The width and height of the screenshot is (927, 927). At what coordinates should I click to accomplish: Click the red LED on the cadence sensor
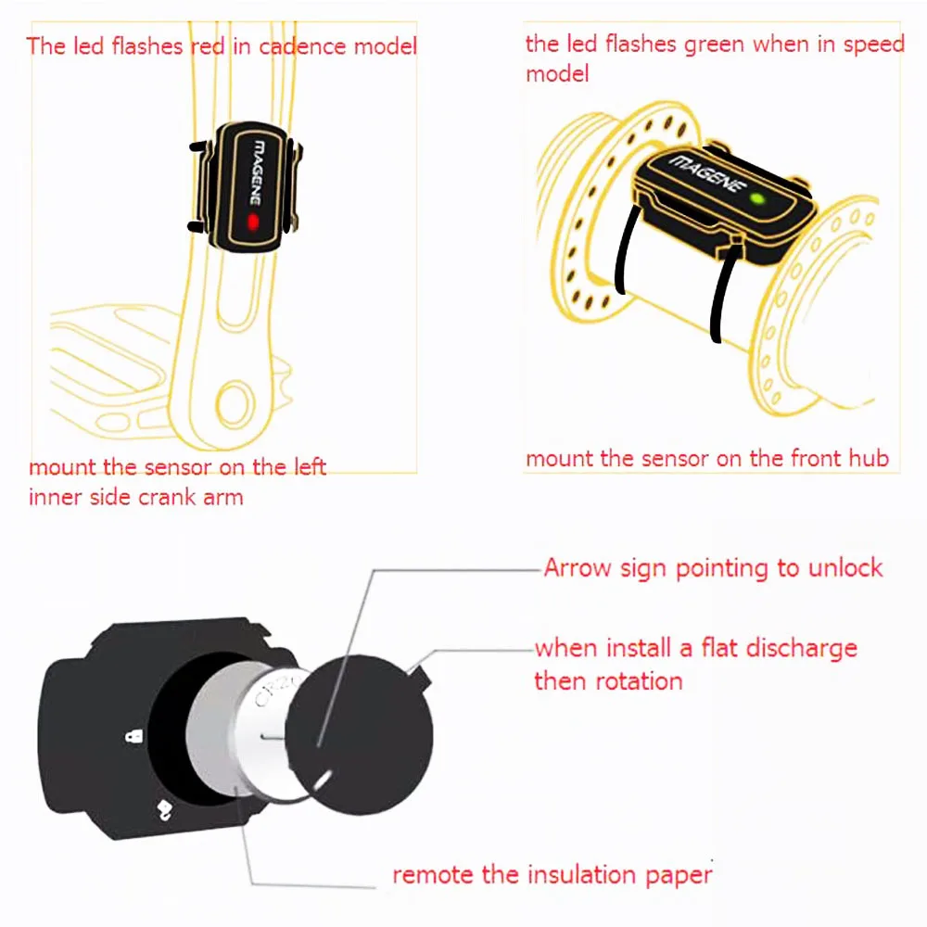tap(253, 222)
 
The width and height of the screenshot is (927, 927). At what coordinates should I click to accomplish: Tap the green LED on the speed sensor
tap(757, 198)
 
